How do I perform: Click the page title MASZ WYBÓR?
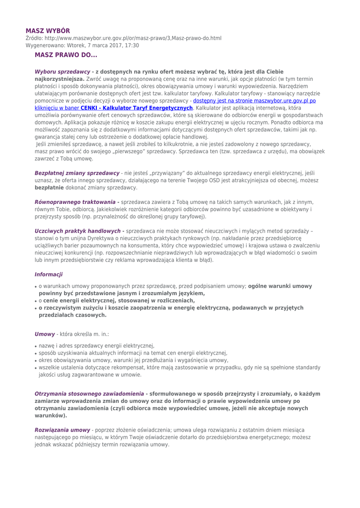(x=48, y=30)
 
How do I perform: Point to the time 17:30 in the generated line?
(x=131, y=45)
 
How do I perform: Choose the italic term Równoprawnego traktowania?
(x=74, y=202)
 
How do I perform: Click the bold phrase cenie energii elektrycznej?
(x=95, y=301)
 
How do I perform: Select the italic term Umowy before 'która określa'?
(x=44, y=335)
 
